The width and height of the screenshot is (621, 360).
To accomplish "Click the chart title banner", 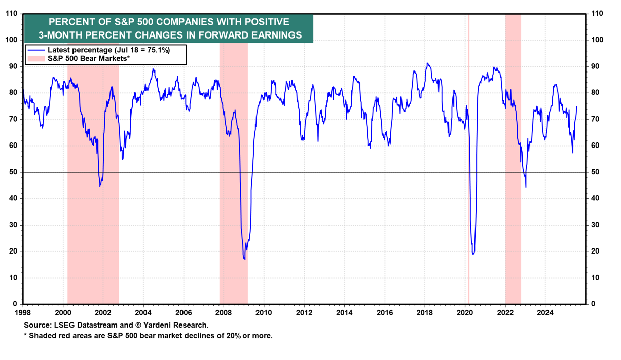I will click(168, 28).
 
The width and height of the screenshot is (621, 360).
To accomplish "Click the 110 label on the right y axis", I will click(594, 14).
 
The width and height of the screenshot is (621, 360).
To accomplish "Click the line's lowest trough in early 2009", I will click(244, 259).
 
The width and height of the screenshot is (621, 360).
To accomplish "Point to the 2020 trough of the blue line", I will click(473, 254).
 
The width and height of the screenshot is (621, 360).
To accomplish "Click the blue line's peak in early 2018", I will click(427, 63).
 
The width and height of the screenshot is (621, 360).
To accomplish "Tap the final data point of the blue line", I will click(577, 106).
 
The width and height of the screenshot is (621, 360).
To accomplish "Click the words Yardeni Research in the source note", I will click(182, 325).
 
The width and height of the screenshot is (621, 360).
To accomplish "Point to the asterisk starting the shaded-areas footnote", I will click(25, 336).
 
